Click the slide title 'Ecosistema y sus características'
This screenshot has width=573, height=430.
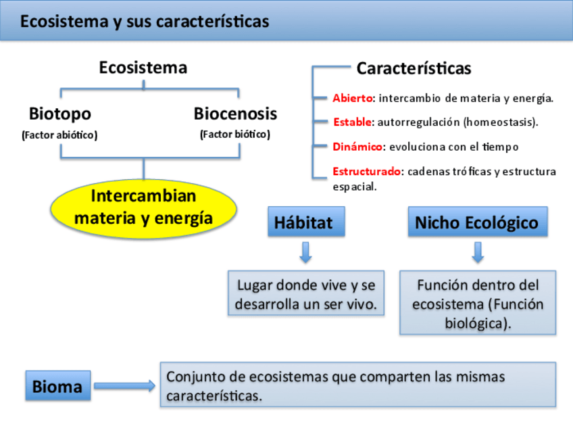point(144,22)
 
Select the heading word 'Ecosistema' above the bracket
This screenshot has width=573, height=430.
point(143,68)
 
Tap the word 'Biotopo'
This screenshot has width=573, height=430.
point(59,114)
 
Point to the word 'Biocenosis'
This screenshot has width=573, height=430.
point(235,114)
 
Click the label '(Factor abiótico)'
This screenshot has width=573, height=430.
point(59,135)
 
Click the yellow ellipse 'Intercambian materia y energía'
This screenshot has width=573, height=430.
point(143,208)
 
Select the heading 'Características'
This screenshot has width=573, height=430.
point(414,68)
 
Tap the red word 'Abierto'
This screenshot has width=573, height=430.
point(352,98)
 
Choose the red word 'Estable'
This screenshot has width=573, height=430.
point(352,122)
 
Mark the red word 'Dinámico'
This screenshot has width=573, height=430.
point(357,147)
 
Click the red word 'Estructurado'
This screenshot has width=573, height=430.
point(366,171)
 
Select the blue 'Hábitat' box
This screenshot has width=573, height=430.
point(305,222)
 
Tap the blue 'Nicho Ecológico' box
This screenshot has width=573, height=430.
point(477,222)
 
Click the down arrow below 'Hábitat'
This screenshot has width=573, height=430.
point(305,252)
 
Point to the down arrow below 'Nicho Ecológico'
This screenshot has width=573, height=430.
point(478,252)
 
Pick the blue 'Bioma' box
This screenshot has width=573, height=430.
point(57,387)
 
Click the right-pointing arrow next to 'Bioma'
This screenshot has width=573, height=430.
point(124,386)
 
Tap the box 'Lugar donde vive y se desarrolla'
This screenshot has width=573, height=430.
point(306,293)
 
